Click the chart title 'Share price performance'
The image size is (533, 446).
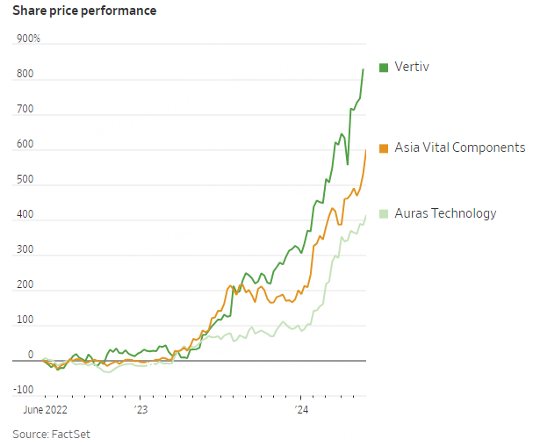coord(84,11)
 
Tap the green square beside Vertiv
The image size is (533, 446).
coord(384,68)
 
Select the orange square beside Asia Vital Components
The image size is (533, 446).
coord(384,147)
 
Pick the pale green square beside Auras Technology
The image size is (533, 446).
coord(384,213)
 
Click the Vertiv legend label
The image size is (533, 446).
coord(412,68)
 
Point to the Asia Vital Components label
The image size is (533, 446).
coord(459,147)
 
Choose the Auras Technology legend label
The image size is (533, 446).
coord(445,213)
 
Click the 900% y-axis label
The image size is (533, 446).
coord(29,40)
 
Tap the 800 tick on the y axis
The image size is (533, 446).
coord(25,75)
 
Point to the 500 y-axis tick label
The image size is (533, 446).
coord(25,180)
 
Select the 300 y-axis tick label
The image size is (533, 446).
coord(25,250)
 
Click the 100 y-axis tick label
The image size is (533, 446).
coord(25,320)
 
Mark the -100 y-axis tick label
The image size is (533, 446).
coord(24,390)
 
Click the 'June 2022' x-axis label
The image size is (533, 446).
coord(44,409)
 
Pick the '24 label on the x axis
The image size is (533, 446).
coord(301,409)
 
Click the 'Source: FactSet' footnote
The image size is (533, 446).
coord(51,434)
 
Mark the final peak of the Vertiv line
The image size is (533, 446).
coord(364,69)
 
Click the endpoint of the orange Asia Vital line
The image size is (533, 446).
coord(365,150)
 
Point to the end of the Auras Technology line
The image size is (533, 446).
coord(365,216)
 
